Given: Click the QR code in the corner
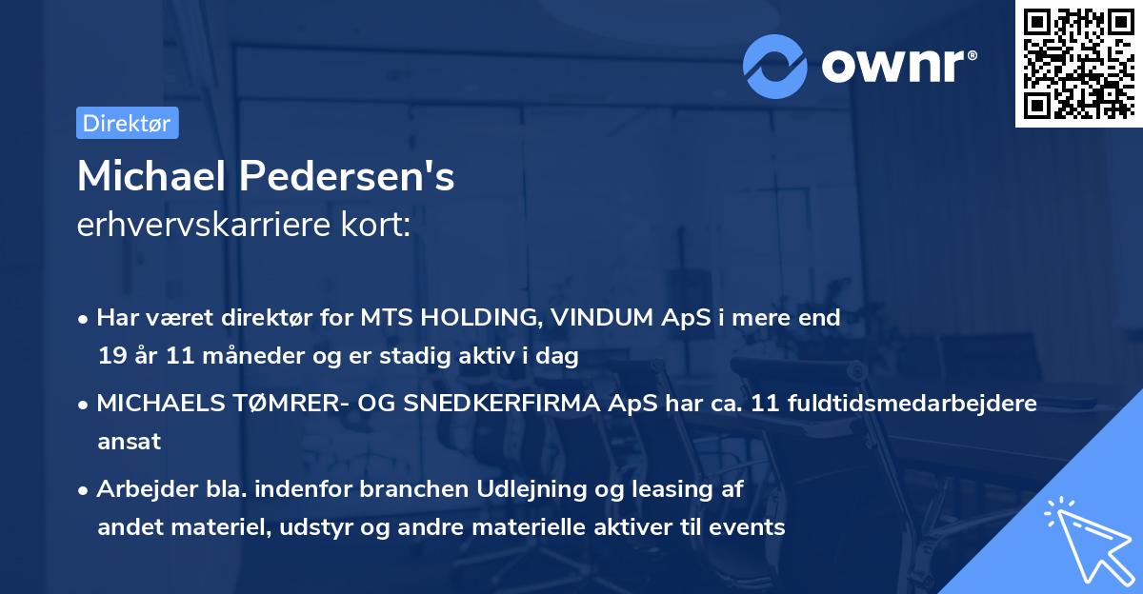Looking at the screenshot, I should pos(1078,63).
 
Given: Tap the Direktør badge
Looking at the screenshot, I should pos(127,123).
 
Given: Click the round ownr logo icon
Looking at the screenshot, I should pos(775,67).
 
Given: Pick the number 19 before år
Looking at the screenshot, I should pos(110,356).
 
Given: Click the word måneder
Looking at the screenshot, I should pos(223,356).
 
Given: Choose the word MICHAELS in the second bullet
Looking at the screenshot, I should pos(154,404).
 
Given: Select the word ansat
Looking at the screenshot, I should pos(129,442).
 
